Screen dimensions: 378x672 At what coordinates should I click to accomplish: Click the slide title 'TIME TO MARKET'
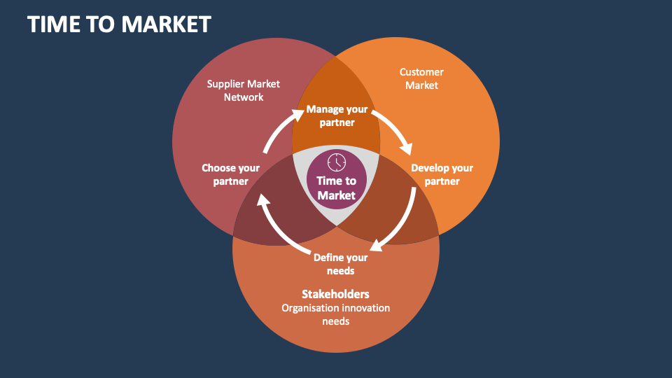pyautogui.click(x=119, y=24)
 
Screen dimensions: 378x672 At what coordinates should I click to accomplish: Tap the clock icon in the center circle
pyautogui.click(x=337, y=161)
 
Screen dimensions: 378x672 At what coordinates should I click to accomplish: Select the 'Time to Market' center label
pyautogui.click(x=337, y=188)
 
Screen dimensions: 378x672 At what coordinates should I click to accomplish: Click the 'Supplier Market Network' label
pyautogui.click(x=243, y=90)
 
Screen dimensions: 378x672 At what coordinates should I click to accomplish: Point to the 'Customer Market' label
pyautogui.click(x=421, y=78)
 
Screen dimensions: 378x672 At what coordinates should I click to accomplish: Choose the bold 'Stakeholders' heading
pyautogui.click(x=335, y=293)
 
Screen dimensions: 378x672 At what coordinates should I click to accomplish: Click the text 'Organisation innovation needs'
pyautogui.click(x=335, y=314)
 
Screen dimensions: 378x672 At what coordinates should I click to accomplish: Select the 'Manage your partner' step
pyautogui.click(x=337, y=115)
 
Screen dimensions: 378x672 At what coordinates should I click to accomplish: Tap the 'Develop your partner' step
pyautogui.click(x=442, y=174)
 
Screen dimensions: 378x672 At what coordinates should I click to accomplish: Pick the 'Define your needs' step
pyautogui.click(x=340, y=264)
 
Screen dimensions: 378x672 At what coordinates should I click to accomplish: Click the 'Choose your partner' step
pyautogui.click(x=230, y=174)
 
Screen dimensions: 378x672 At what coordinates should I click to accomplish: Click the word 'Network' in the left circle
pyautogui.click(x=244, y=97)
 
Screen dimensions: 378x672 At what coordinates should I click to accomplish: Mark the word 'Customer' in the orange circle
pyautogui.click(x=421, y=72)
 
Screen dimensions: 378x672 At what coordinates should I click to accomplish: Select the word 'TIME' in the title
pyautogui.click(x=52, y=24)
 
